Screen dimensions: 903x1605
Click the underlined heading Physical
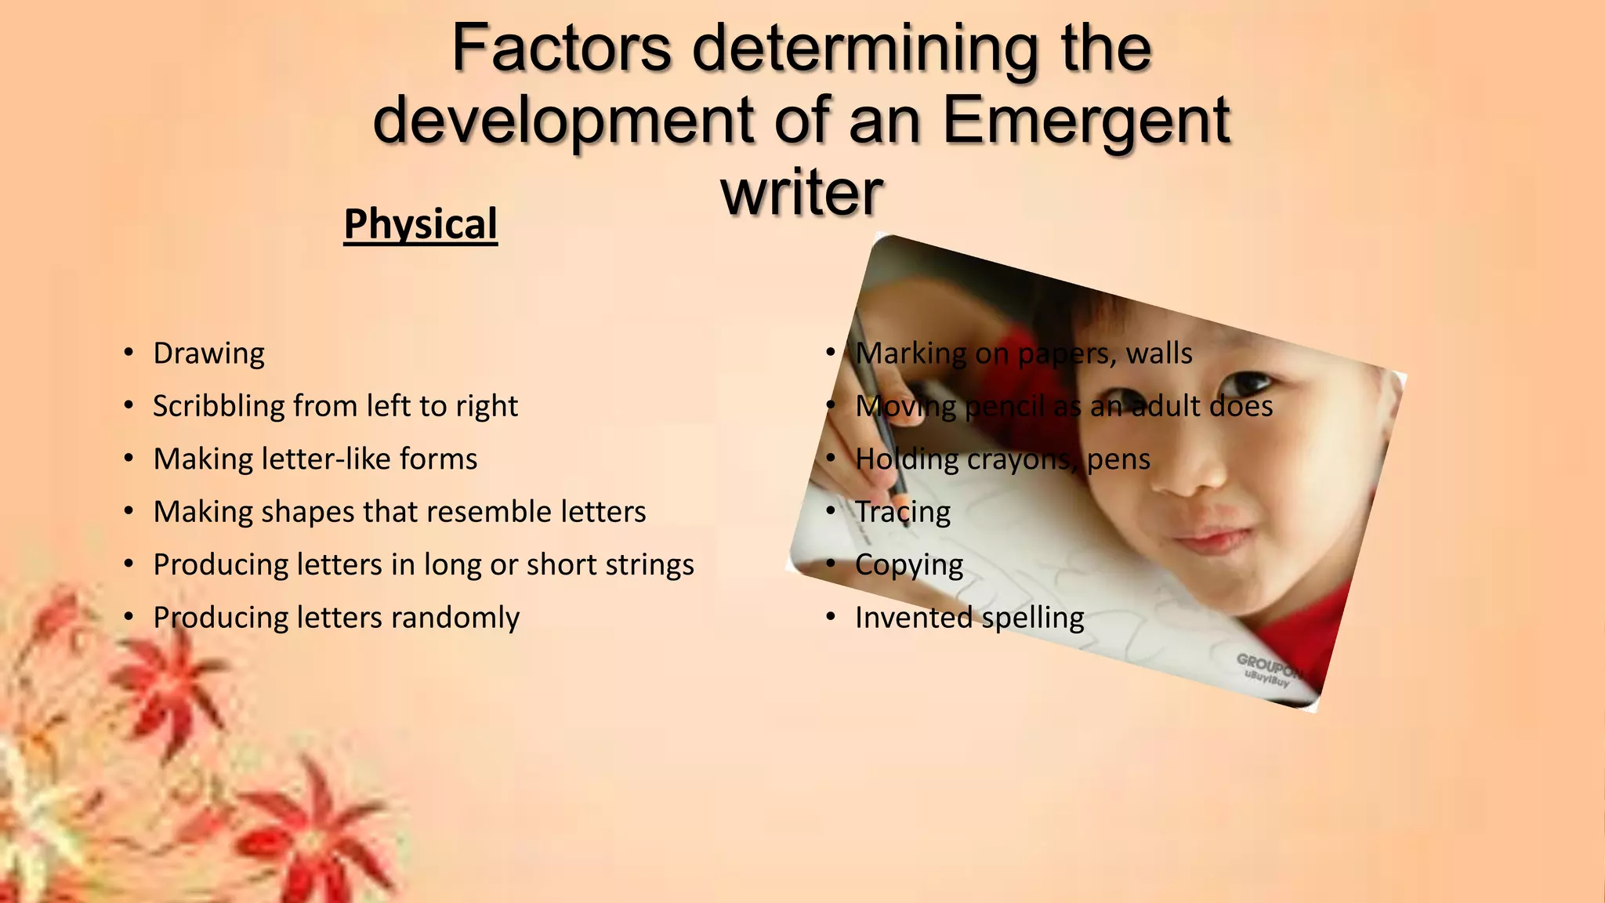421,225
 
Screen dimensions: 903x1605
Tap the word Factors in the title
562,49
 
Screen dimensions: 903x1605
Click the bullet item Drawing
208,354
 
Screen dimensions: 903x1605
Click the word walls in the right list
1159,354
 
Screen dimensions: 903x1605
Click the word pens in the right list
1118,459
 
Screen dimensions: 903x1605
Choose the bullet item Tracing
903,513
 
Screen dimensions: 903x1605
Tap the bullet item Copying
909,566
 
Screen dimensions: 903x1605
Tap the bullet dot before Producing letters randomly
129,618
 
